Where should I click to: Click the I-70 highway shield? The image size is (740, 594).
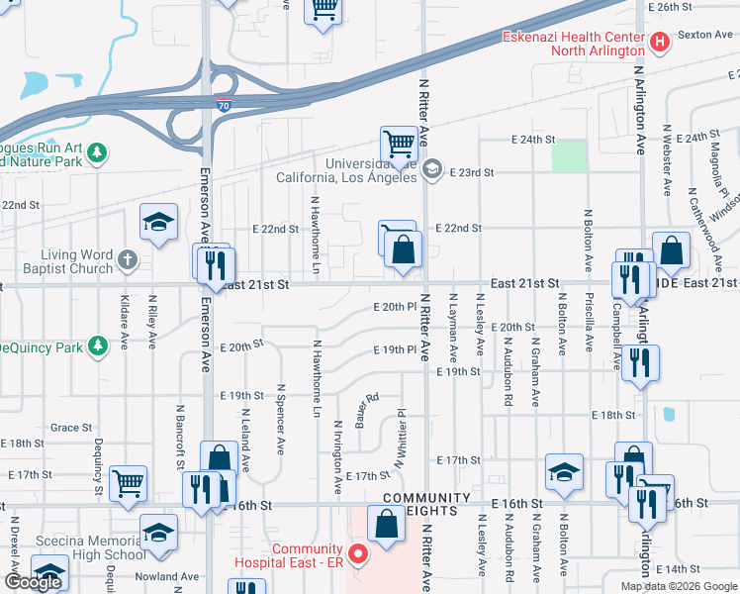pyautogui.click(x=226, y=104)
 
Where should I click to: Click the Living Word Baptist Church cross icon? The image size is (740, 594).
pyautogui.click(x=127, y=261)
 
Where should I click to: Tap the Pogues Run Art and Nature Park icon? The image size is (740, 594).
pyautogui.click(x=97, y=152)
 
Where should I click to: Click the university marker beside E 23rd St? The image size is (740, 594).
pyautogui.click(x=431, y=170)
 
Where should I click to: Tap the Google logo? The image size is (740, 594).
pyautogui.click(x=33, y=582)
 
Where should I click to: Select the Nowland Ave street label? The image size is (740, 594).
pyautogui.click(x=168, y=576)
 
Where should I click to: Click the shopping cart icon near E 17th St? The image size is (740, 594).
pyautogui.click(x=128, y=482)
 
